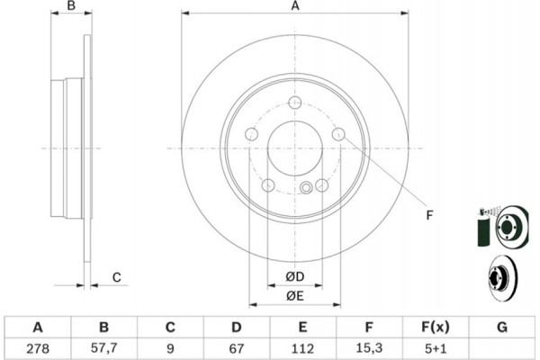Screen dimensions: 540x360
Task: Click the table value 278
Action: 38,348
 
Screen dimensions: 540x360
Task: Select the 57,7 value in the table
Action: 104,348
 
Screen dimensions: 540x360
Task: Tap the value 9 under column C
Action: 170,348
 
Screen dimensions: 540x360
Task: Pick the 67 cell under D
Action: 236,348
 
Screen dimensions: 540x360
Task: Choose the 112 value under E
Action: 302,348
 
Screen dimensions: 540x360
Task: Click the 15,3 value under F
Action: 368,348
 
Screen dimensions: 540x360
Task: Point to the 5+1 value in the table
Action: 436,348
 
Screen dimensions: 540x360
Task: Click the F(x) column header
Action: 436,327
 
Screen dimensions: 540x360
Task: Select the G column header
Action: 502,327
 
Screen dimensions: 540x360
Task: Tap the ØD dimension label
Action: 295,276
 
